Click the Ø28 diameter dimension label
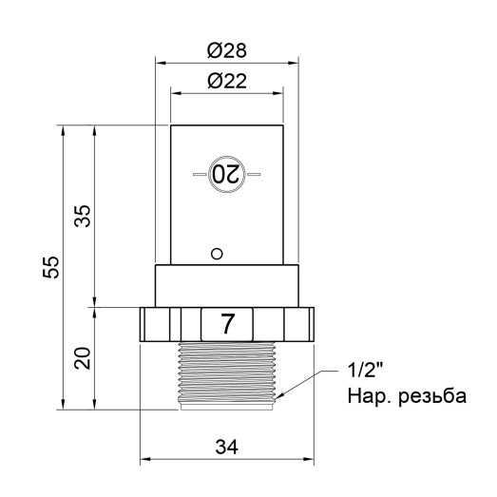[227, 48]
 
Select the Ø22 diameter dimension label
[227, 82]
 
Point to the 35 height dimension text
[84, 217]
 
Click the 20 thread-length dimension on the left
[84, 359]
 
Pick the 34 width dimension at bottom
[228, 446]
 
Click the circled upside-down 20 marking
[227, 175]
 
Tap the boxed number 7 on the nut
[228, 323]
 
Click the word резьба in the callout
[431, 394]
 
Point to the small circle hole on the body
[217, 253]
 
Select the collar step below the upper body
[228, 285]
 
